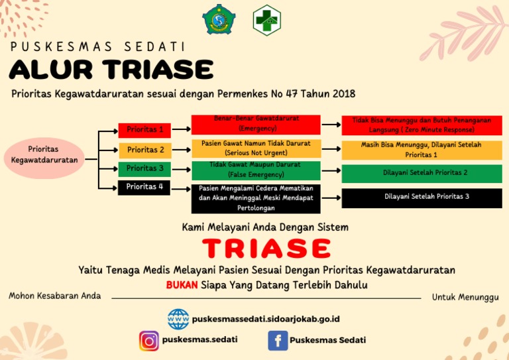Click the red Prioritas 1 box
[144, 130]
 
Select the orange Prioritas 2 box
[144, 150]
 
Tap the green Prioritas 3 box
[144, 168]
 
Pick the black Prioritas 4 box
[144, 187]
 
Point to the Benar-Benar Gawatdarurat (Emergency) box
[256, 124]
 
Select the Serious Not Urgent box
[256, 149]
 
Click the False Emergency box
[256, 170]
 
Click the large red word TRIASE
[266, 248]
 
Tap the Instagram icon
[149, 341]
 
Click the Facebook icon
[277, 341]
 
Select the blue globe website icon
[178, 319]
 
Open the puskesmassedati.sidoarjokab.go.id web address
[266, 319]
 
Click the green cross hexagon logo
[266, 19]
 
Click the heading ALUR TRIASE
[111, 69]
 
